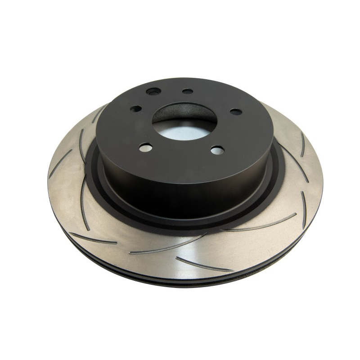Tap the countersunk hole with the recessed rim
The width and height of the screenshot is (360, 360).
153,92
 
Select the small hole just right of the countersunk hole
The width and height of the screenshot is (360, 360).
188,91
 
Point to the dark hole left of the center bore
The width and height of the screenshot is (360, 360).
135,108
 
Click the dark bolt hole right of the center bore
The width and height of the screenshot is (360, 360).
235,112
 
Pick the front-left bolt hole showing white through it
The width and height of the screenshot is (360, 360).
144,147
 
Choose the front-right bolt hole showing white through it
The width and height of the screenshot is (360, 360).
217,150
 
